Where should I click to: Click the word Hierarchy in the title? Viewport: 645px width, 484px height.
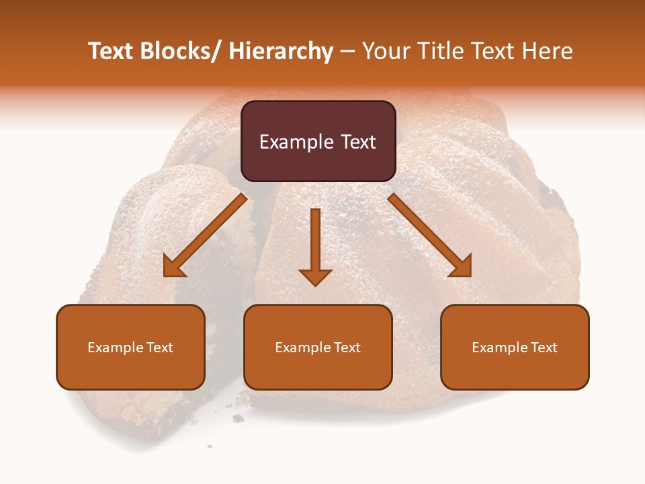(x=281, y=51)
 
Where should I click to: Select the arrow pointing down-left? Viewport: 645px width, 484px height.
(x=205, y=235)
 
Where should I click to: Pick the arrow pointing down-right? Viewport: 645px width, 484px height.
(x=430, y=235)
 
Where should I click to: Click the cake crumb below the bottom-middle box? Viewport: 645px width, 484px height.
(x=238, y=418)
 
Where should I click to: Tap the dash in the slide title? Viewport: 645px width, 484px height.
(x=347, y=52)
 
